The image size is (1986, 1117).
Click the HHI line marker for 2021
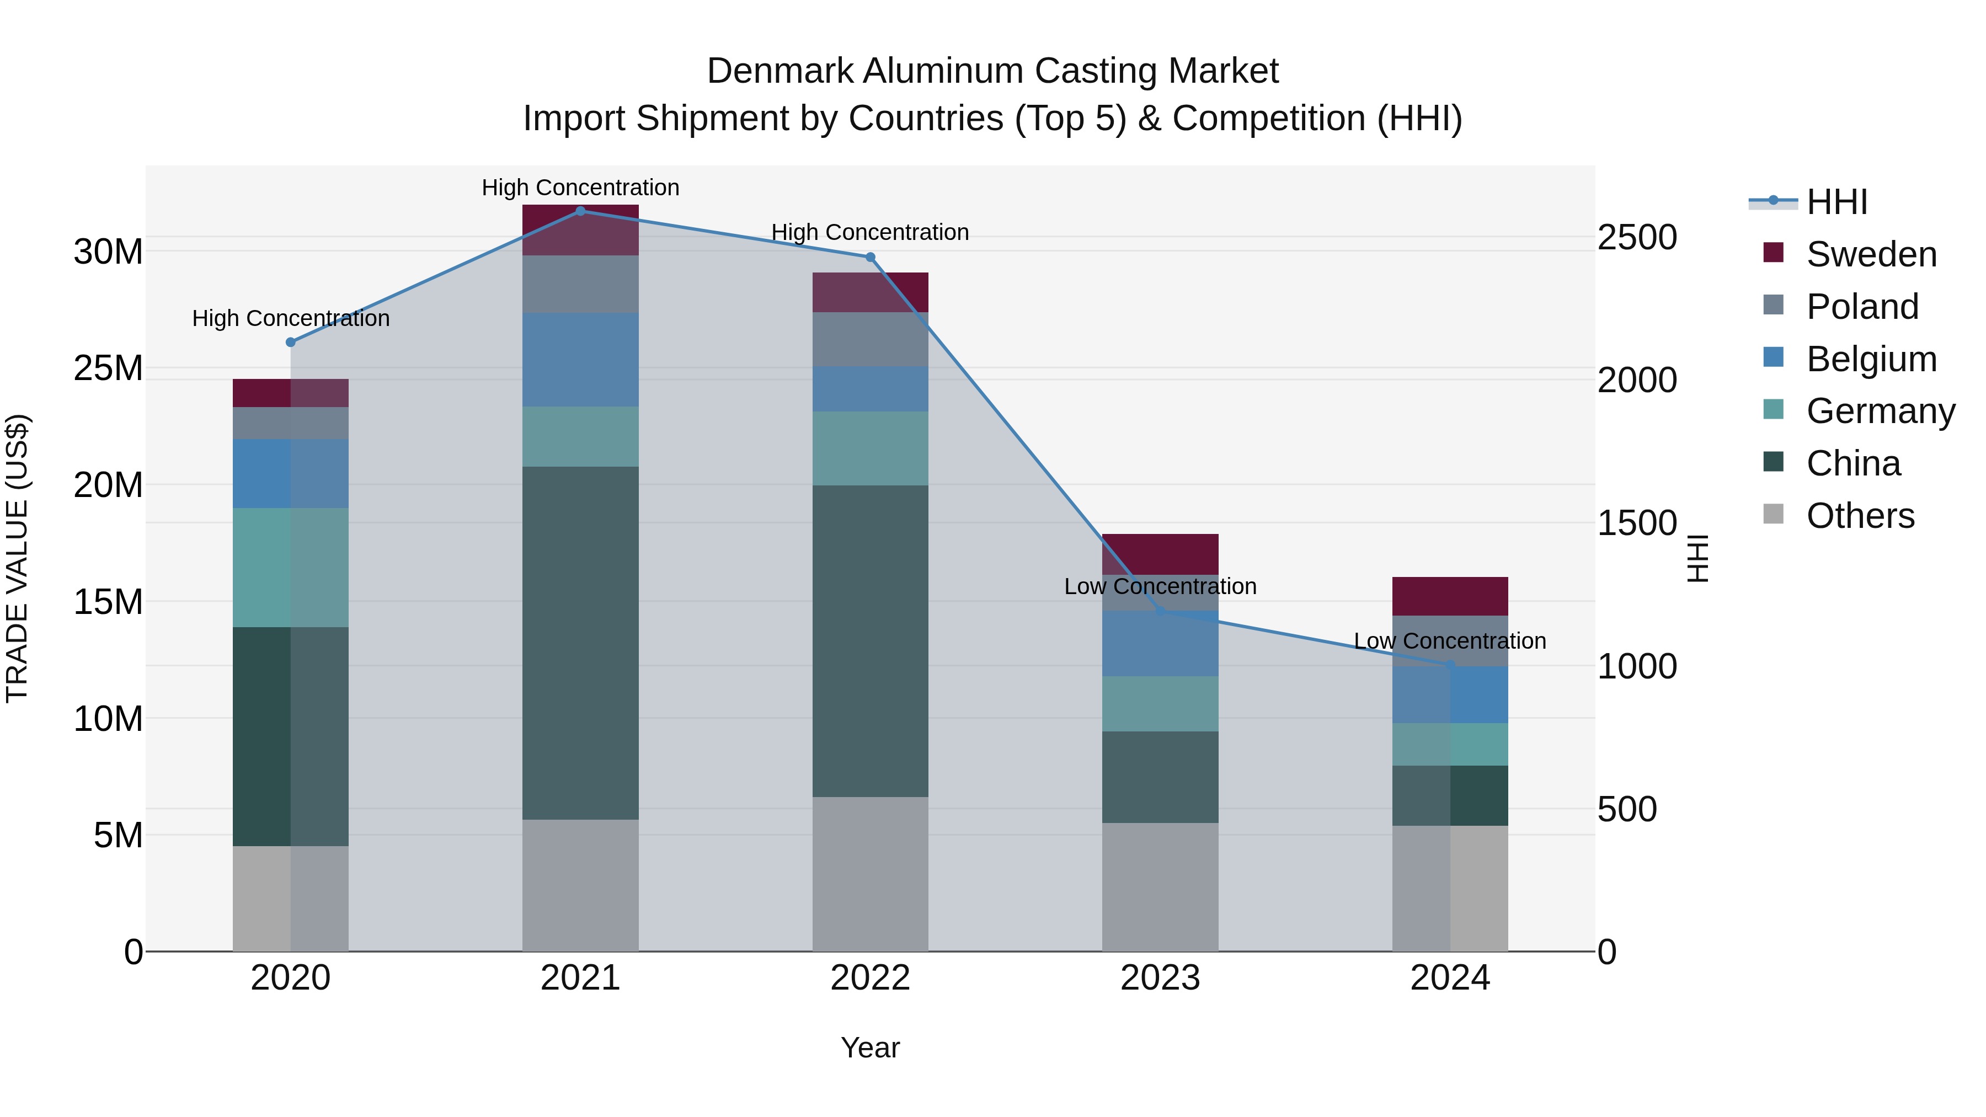pyautogui.click(x=580, y=211)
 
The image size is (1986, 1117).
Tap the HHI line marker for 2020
pyautogui.click(x=291, y=342)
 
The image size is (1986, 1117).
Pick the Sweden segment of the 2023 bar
pyautogui.click(x=1160, y=553)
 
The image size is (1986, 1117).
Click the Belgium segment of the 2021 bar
pyautogui.click(x=580, y=359)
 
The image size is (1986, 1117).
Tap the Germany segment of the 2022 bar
pyautogui.click(x=871, y=448)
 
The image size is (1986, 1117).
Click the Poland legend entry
pyautogui.click(x=1861, y=307)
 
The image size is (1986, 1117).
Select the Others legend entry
pyautogui.click(x=1860, y=516)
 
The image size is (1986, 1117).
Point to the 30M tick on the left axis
pyautogui.click(x=108, y=252)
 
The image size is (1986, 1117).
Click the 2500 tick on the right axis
pyautogui.click(x=1636, y=237)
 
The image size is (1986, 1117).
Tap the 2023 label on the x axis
pyautogui.click(x=1160, y=978)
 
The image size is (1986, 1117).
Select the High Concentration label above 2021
pyautogui.click(x=580, y=188)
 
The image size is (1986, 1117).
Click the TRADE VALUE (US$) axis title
pyautogui.click(x=17, y=558)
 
